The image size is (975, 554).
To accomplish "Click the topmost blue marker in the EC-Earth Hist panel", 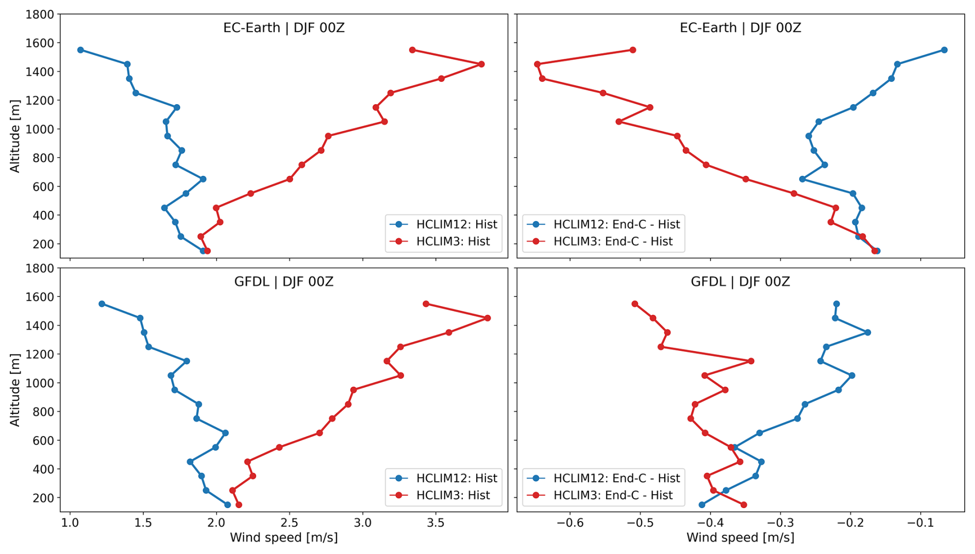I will tap(80, 50).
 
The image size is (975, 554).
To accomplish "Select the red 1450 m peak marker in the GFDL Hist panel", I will tap(487, 318).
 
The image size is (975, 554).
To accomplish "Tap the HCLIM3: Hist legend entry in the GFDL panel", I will tap(452, 495).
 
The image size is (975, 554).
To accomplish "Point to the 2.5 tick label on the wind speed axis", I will tap(290, 523).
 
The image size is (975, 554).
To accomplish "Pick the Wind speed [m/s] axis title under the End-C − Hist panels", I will tap(740, 538).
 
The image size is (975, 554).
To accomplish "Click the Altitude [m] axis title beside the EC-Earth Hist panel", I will tap(15, 137).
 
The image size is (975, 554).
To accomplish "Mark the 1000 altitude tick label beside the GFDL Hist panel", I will tap(40, 383).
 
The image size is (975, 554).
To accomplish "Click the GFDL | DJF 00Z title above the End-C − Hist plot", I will tap(740, 282).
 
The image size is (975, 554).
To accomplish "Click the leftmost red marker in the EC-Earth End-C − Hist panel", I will tap(537, 64).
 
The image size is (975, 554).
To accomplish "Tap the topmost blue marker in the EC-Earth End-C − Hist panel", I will tap(944, 50).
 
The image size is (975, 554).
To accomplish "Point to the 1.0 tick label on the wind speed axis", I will tap(70, 523).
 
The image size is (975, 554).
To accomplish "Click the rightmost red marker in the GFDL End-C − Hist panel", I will tap(751, 361).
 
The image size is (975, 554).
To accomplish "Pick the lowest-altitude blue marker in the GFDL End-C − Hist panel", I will tap(702, 505).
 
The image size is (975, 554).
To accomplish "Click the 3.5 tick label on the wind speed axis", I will tap(436, 523).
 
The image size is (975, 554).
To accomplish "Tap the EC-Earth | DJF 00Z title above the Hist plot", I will tap(284, 28).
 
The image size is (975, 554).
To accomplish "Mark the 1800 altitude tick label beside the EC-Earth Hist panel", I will tap(40, 14).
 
